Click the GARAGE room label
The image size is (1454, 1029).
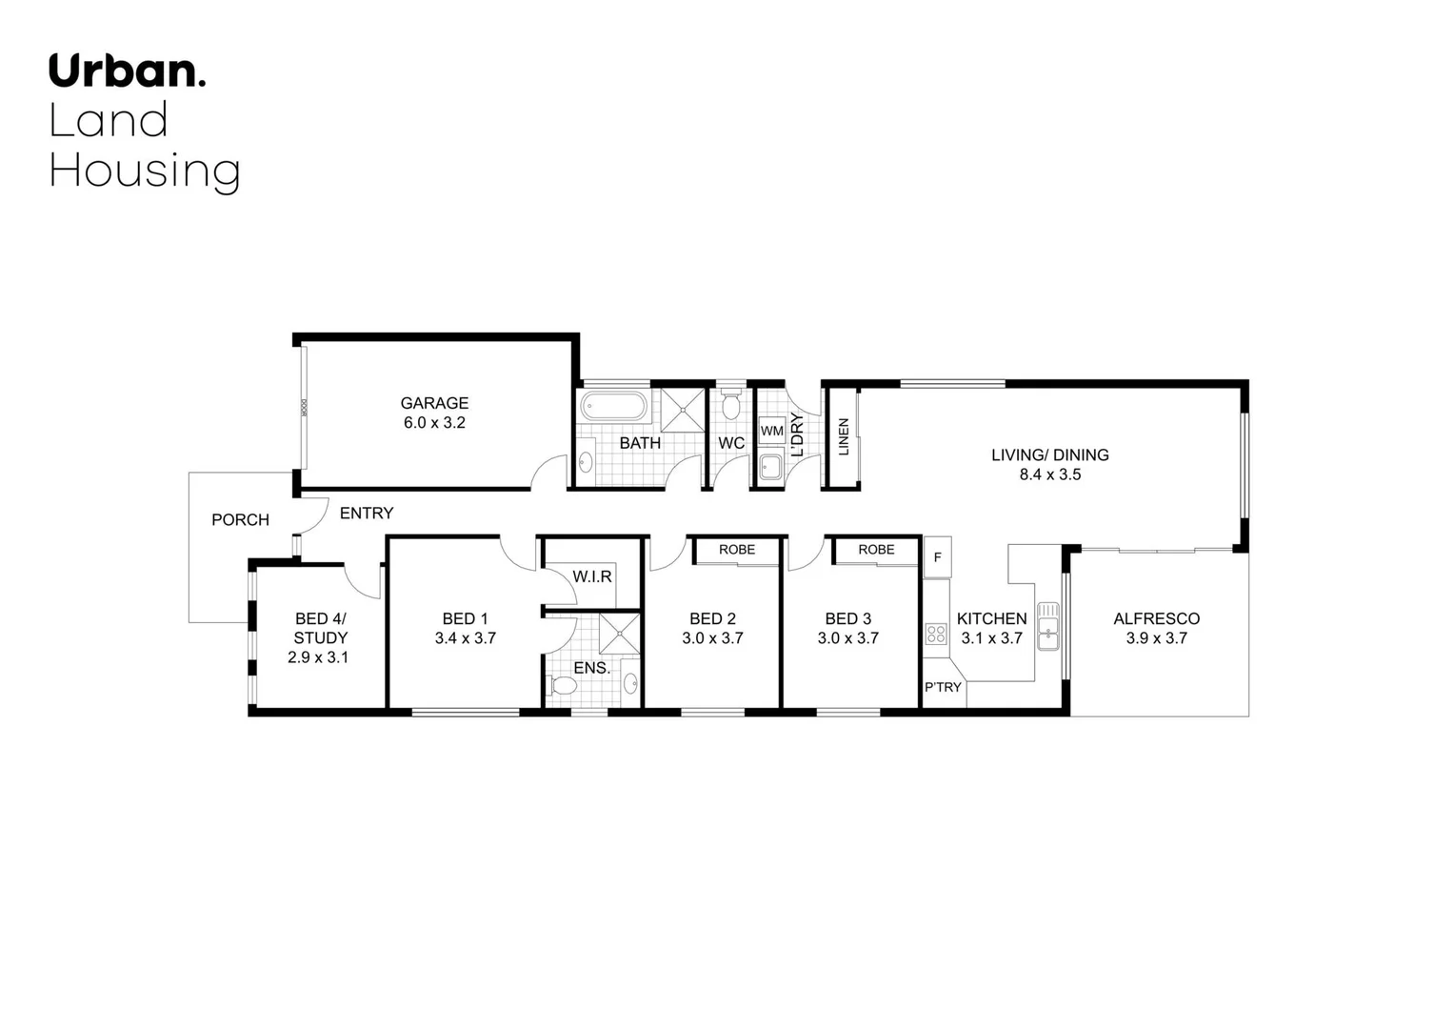tap(434, 403)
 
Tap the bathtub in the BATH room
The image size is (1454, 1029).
tap(614, 408)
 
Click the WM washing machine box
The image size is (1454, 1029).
tap(771, 431)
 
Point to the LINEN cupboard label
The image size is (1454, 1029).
tap(843, 437)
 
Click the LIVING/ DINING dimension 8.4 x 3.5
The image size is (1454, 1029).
tap(1049, 474)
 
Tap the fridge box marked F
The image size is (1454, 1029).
tap(937, 557)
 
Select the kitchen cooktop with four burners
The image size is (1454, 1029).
tap(936, 634)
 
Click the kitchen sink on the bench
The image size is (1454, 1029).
tap(1047, 627)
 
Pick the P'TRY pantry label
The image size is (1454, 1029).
tap(943, 687)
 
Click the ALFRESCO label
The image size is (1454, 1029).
tap(1156, 618)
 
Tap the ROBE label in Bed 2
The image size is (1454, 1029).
tap(737, 550)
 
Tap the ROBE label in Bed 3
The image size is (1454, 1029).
tap(876, 550)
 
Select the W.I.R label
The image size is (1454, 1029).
tap(592, 576)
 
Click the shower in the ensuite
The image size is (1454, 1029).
tap(620, 636)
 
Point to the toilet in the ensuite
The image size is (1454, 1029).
tap(563, 686)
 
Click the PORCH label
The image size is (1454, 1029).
tap(240, 519)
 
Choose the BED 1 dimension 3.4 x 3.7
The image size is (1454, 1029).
tap(465, 638)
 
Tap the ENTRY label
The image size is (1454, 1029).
tap(367, 514)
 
